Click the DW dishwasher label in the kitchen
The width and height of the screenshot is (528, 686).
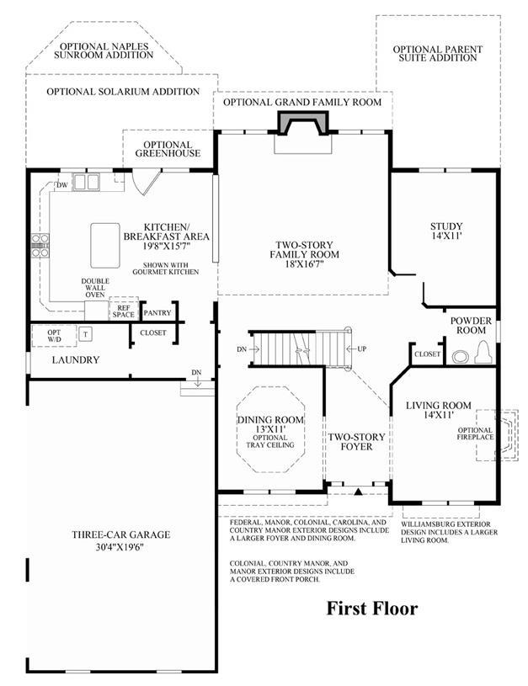[62, 185]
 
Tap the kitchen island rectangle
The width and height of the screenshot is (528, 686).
[105, 246]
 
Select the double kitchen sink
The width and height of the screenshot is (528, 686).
[86, 182]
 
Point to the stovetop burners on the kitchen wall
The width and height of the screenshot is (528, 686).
[40, 246]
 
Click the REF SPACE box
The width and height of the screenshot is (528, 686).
[124, 311]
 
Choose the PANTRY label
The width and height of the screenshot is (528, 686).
[157, 313]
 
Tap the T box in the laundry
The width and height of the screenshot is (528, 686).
[86, 334]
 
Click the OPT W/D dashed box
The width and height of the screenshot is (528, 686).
[54, 336]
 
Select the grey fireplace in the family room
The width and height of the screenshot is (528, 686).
[303, 122]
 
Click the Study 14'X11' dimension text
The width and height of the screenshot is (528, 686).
[446, 236]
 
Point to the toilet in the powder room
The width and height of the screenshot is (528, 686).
[483, 352]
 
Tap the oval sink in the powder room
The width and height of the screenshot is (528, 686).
[460, 357]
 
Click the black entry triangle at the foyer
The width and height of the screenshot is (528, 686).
[359, 492]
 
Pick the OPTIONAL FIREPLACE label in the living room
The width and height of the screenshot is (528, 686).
[475, 433]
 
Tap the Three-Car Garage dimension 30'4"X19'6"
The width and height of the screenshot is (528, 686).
[120, 547]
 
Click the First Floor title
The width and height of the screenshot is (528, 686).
[372, 608]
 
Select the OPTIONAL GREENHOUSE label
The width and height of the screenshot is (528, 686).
[168, 149]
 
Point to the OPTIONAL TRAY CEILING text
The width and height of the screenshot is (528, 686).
[270, 441]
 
